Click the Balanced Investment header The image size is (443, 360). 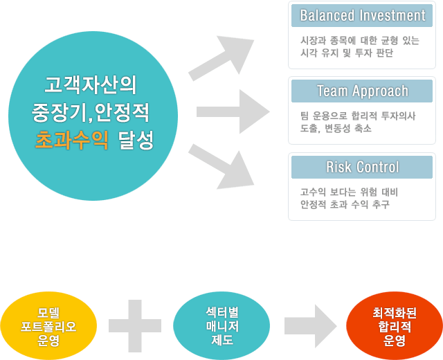[x=362, y=15]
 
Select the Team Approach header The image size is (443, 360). [x=362, y=91]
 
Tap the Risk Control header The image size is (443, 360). [x=362, y=167]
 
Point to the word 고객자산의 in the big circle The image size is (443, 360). [x=91, y=85]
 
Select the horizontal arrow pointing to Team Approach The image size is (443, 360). [x=232, y=111]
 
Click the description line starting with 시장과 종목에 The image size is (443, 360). [x=359, y=40]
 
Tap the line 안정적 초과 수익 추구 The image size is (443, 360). [x=345, y=204]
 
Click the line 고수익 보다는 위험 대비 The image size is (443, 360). [x=349, y=192]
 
